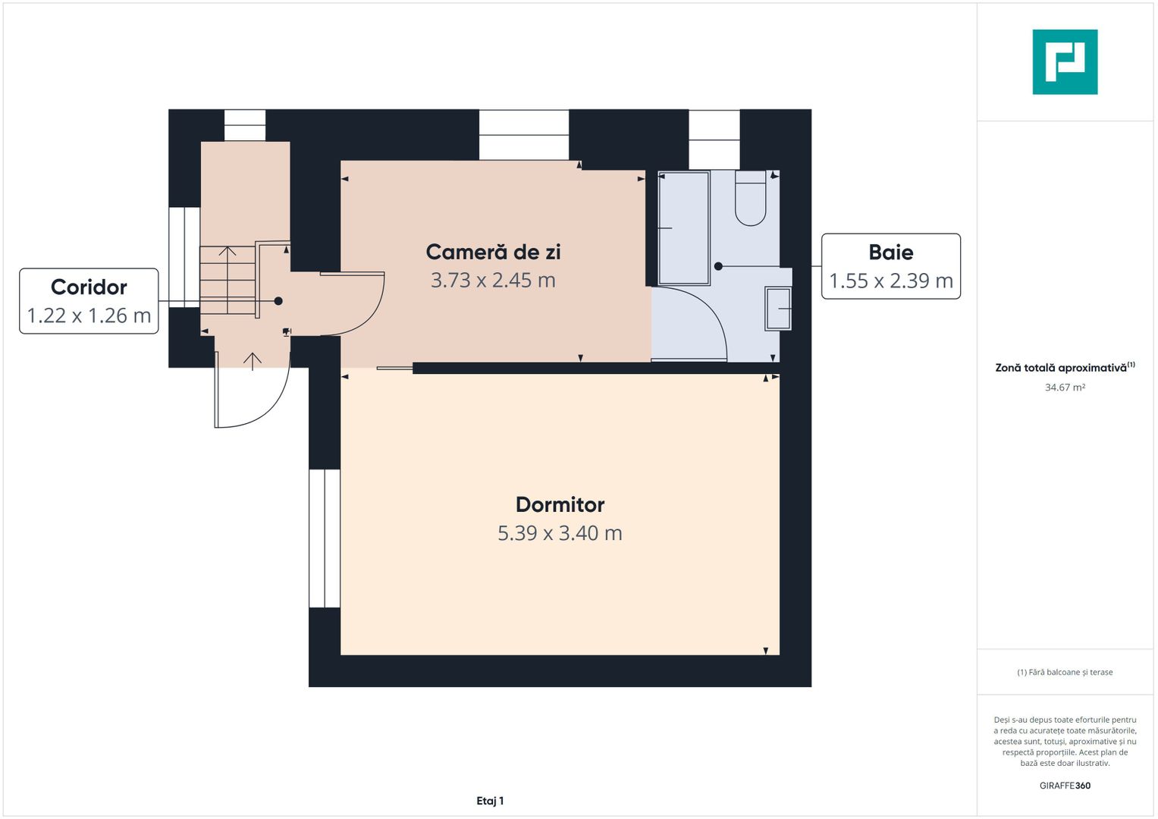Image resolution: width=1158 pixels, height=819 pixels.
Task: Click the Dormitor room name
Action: (x=560, y=504)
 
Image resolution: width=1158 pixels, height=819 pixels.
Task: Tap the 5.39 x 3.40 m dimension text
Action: (x=560, y=533)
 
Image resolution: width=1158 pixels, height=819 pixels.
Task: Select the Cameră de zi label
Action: (x=493, y=253)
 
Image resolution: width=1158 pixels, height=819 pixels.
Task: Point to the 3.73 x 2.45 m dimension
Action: (x=493, y=281)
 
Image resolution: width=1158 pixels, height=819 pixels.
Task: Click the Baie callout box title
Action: (x=891, y=253)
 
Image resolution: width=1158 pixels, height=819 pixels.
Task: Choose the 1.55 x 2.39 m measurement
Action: (x=891, y=281)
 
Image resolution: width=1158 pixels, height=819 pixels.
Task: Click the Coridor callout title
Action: (x=89, y=287)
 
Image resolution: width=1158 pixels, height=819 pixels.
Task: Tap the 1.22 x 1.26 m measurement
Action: (x=89, y=315)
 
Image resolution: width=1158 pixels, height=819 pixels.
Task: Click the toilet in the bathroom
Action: (x=751, y=199)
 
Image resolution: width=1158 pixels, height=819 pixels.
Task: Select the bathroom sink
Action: (x=778, y=309)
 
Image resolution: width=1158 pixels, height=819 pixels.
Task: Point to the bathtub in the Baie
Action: (x=684, y=228)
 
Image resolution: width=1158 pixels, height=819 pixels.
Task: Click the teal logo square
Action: (x=1065, y=62)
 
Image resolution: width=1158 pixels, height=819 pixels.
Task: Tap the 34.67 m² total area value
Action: (x=1065, y=388)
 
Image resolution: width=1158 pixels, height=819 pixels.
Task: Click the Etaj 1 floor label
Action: (x=490, y=801)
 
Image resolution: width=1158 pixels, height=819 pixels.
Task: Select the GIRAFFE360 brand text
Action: (x=1065, y=786)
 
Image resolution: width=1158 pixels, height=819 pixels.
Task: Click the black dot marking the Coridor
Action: (x=278, y=301)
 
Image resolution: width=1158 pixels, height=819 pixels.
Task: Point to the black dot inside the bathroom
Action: (x=718, y=266)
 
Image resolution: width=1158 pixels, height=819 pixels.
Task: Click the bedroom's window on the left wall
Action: (x=325, y=538)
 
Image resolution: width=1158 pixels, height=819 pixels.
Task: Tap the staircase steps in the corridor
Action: (x=228, y=281)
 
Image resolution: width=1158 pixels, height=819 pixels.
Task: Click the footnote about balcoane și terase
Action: (x=1065, y=672)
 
